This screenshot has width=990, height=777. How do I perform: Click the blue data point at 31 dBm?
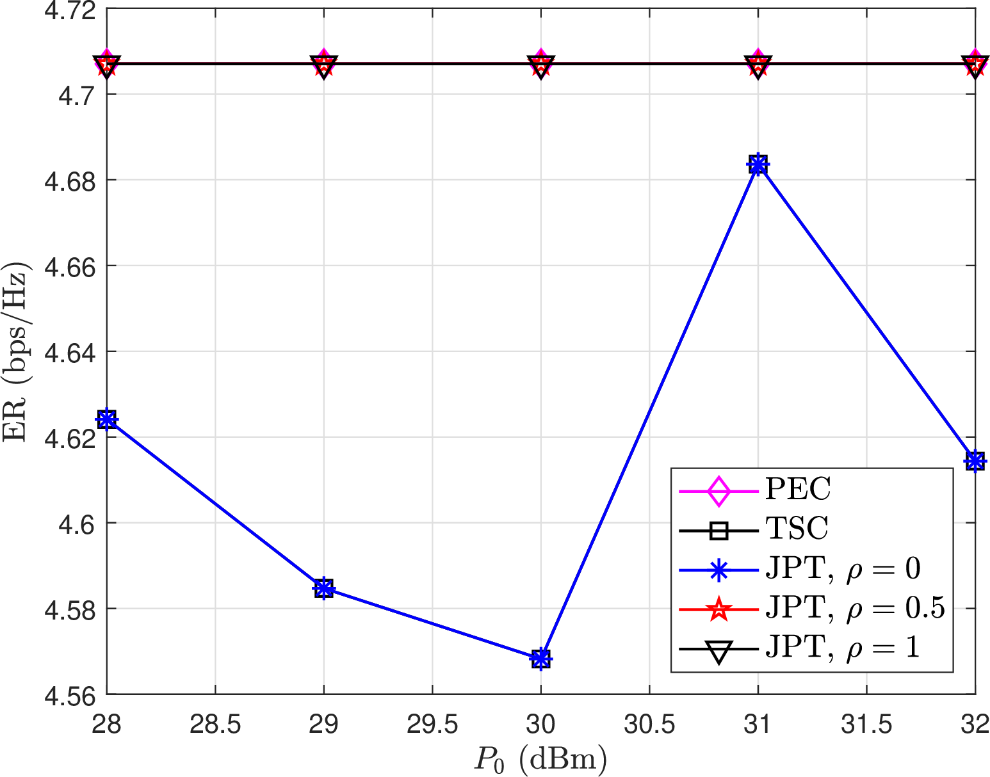click(x=758, y=165)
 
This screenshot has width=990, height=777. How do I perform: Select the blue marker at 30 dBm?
click(x=541, y=658)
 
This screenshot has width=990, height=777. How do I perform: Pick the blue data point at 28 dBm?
click(x=107, y=419)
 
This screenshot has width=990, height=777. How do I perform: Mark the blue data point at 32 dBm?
click(x=975, y=460)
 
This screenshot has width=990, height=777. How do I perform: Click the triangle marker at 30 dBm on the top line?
click(x=541, y=65)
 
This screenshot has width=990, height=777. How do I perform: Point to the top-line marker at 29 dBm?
click(x=324, y=65)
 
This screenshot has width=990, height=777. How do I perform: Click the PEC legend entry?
click(x=798, y=490)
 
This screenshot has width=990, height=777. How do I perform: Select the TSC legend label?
click(x=797, y=529)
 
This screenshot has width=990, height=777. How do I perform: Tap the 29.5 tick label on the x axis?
click(x=432, y=725)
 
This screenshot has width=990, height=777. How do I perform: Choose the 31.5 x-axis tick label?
click(x=866, y=725)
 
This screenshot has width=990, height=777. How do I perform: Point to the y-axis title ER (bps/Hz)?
click(x=15, y=352)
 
